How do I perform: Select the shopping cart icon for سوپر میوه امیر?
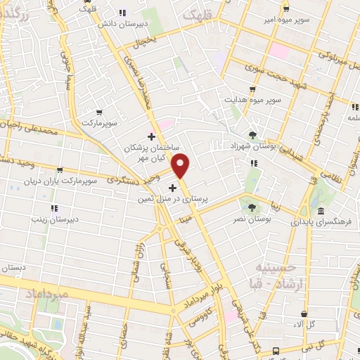pos(285,9)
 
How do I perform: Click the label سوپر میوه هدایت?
pos(252,98)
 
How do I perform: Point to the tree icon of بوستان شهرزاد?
pos(252,134)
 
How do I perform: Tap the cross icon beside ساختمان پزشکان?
pos(150,136)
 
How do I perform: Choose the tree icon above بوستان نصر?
pos(252,205)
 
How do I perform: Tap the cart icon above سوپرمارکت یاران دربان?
pos(60,169)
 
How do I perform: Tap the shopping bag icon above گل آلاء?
pos(304,314)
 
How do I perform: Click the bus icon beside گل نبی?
pos(276,349)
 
